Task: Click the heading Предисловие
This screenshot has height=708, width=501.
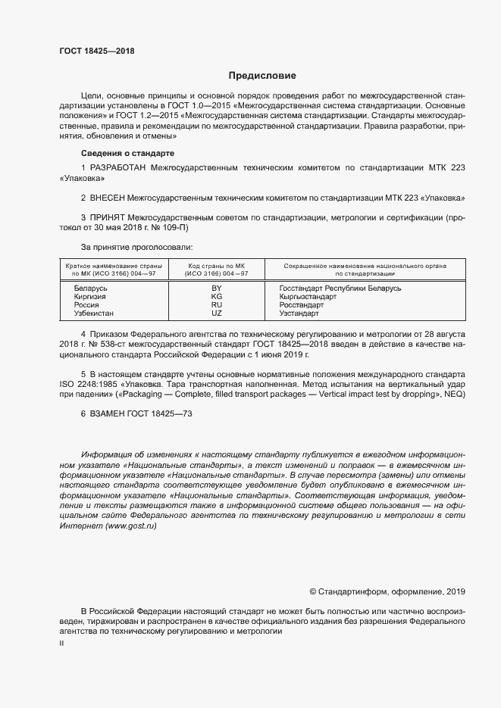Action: point(262,76)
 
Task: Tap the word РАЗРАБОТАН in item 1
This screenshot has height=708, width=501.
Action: point(118,166)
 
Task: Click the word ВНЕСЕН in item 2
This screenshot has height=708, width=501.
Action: point(109,198)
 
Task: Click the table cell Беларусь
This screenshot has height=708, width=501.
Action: point(90,289)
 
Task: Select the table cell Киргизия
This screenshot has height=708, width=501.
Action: point(90,297)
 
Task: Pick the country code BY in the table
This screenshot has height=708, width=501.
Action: point(216,289)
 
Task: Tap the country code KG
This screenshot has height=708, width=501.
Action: point(216,297)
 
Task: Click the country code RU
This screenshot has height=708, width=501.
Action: point(216,305)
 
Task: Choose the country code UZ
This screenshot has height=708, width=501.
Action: point(216,313)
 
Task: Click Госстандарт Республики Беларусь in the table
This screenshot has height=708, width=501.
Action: point(340,289)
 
